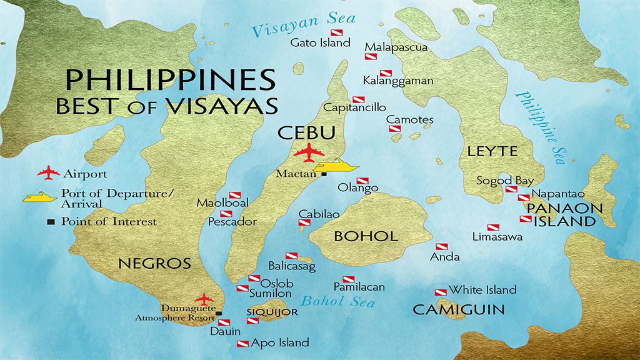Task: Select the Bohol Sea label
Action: (x=338, y=301)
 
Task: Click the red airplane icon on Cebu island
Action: (x=307, y=152)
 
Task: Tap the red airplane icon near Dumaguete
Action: (x=204, y=299)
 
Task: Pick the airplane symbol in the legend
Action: (x=48, y=173)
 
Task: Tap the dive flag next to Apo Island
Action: (x=243, y=344)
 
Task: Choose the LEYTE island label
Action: (x=492, y=151)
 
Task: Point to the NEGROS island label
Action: (x=154, y=263)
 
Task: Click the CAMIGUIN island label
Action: (x=458, y=309)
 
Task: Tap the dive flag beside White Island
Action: (x=441, y=292)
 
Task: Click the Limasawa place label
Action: (x=497, y=237)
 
